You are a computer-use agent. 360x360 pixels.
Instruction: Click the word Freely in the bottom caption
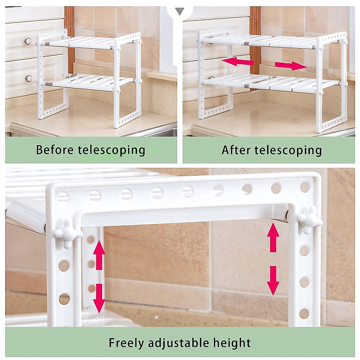coord(126,343)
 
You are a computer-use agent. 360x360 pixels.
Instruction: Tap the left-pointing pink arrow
coord(238,62)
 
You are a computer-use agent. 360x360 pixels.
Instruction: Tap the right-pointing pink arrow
coord(290,66)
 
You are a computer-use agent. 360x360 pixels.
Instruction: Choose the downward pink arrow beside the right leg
coord(273,281)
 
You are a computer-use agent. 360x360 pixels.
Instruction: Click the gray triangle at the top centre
coord(180,12)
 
